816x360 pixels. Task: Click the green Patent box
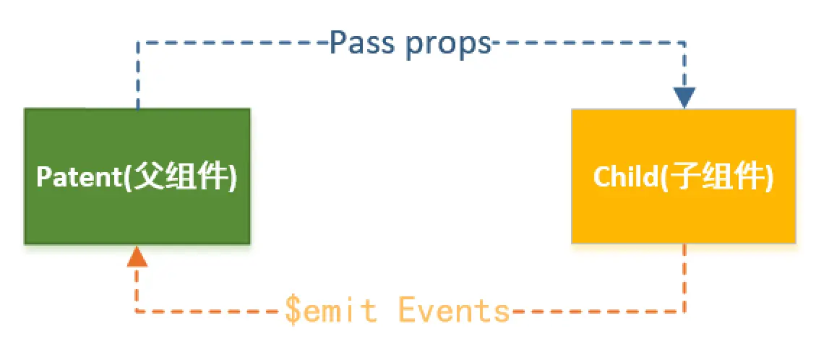coord(137,210)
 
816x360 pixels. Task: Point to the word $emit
coord(331,311)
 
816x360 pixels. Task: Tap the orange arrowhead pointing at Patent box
coord(137,256)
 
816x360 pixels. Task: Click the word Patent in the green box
coord(80,177)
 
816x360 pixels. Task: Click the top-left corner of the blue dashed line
coord(137,43)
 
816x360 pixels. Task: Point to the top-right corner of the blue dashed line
coord(684,43)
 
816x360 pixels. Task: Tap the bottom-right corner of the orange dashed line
coord(684,312)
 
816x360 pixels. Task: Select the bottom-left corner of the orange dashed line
coord(137,312)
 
